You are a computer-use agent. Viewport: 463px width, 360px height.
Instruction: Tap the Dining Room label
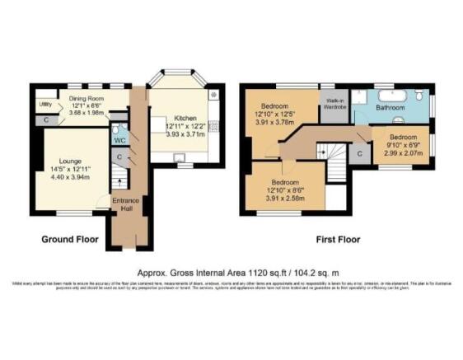pyautogui.click(x=86, y=106)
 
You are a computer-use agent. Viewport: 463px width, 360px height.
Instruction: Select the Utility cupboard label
pyautogui.click(x=45, y=105)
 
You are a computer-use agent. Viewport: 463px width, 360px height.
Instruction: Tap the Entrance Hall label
pyautogui.click(x=126, y=203)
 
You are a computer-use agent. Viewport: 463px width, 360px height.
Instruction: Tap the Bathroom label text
pyautogui.click(x=391, y=108)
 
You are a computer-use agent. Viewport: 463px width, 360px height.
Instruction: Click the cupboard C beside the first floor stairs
pyautogui.click(x=360, y=153)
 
